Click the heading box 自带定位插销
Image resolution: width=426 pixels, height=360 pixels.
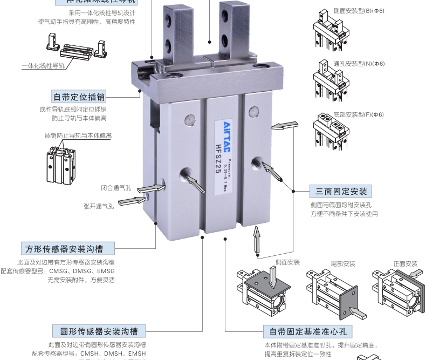click(x=79, y=97)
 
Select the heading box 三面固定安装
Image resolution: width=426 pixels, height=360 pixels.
click(x=341, y=192)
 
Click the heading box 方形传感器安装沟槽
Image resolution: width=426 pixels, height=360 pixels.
click(x=61, y=248)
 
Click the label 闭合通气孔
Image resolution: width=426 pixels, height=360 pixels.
click(x=116, y=188)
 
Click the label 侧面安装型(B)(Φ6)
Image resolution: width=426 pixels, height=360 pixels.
click(x=359, y=11)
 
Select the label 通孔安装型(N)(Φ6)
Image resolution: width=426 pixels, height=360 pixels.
click(x=359, y=64)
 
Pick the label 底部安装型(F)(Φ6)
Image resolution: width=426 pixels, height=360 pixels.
click(x=359, y=114)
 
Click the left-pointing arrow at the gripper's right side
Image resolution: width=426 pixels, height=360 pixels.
click(x=284, y=126)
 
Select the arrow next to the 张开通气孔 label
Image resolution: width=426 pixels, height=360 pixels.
click(x=132, y=201)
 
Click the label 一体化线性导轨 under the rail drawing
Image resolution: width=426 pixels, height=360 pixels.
click(x=43, y=66)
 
